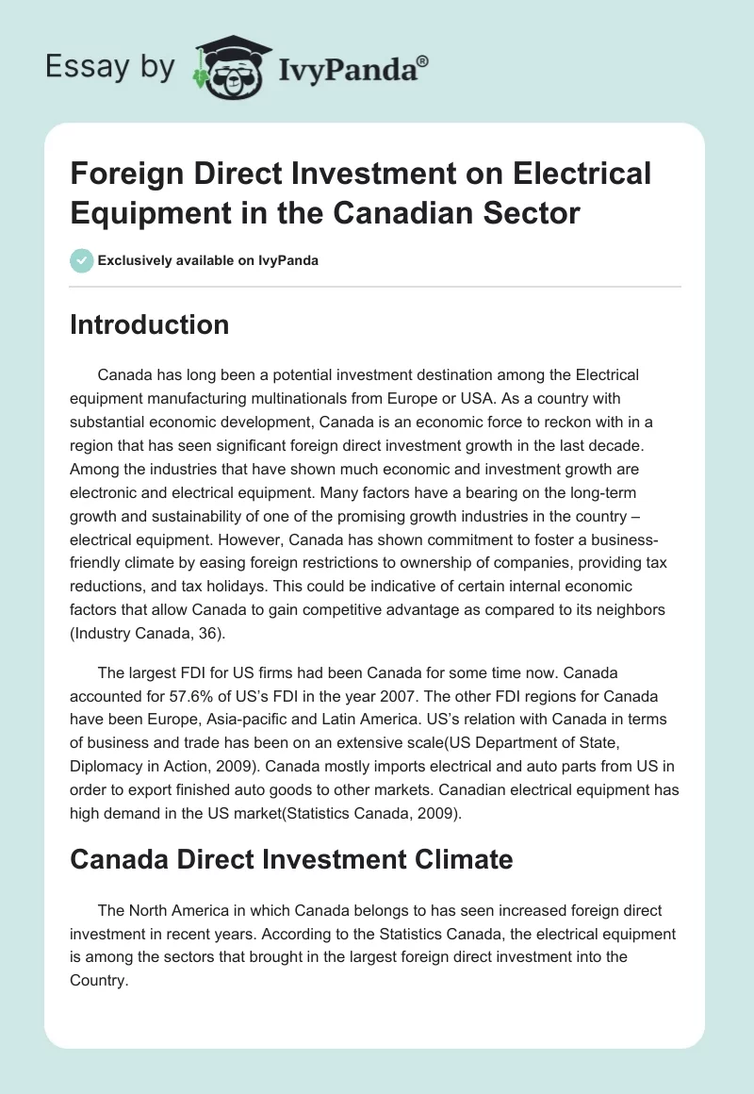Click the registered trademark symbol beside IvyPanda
coord(423,60)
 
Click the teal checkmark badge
coord(82,260)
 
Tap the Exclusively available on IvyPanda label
coord(209,260)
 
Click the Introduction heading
coord(150,324)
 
